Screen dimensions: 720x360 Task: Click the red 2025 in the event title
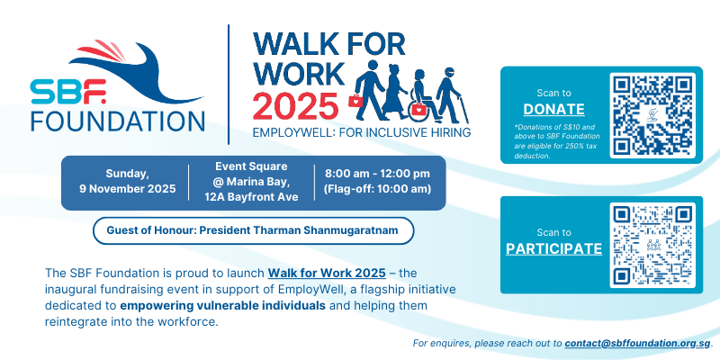tap(296, 105)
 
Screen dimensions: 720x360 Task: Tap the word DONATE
tap(553, 109)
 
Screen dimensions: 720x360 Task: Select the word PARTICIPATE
tap(553, 248)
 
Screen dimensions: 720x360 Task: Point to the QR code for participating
tap(652, 245)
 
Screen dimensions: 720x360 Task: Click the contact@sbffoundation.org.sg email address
tap(637, 343)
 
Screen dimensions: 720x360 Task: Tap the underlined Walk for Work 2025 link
tap(327, 274)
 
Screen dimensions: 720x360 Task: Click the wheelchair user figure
tap(423, 96)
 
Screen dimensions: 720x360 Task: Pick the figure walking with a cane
tap(452, 95)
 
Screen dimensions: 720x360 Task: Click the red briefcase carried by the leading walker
tap(355, 100)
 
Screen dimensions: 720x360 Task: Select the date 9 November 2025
tap(128, 189)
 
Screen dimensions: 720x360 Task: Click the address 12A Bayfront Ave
tap(251, 197)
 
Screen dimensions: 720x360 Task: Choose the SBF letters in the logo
tap(69, 92)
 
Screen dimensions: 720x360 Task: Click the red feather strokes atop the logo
tap(102, 51)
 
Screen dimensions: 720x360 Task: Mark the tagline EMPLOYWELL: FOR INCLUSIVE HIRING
tap(362, 132)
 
